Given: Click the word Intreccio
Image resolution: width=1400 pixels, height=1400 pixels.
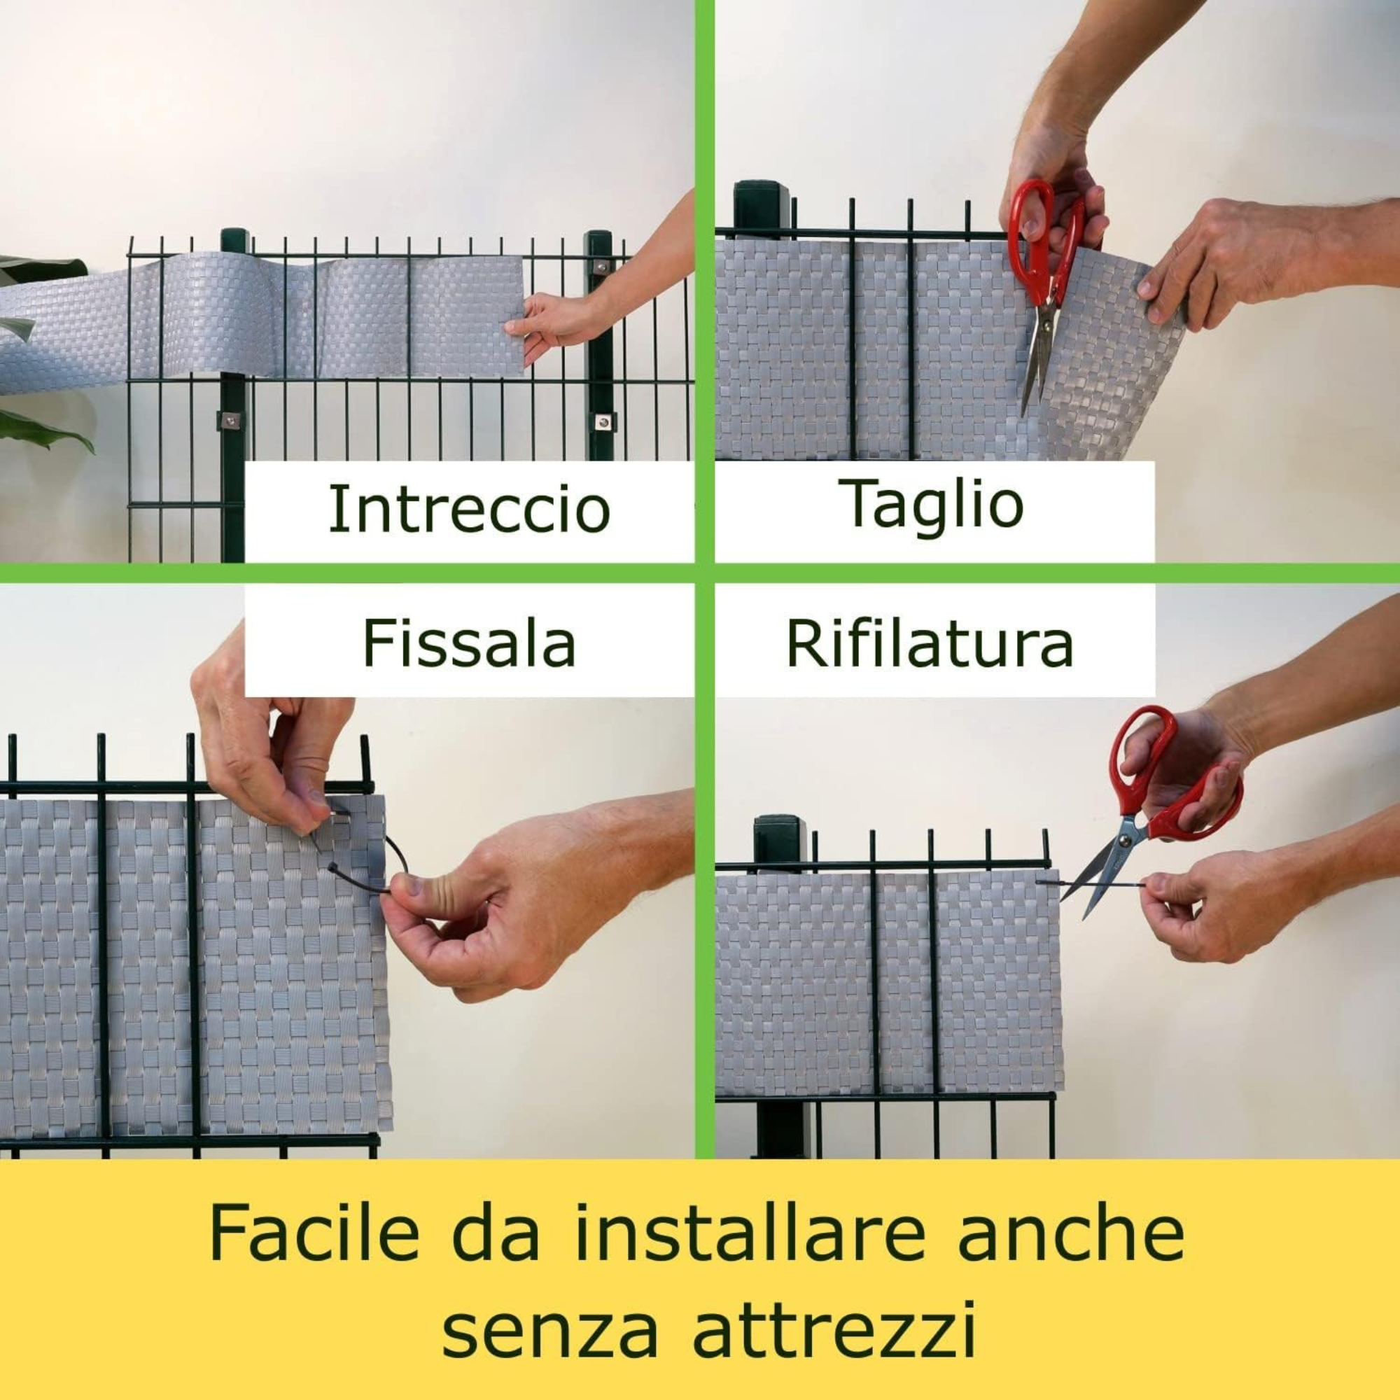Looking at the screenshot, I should tap(469, 509).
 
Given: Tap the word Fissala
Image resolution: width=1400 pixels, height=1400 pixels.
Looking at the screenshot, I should tap(469, 643).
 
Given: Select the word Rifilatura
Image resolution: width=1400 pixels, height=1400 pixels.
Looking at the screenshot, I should tap(930, 643).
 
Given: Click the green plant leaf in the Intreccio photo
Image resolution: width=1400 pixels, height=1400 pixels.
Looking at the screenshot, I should tap(43, 428).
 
